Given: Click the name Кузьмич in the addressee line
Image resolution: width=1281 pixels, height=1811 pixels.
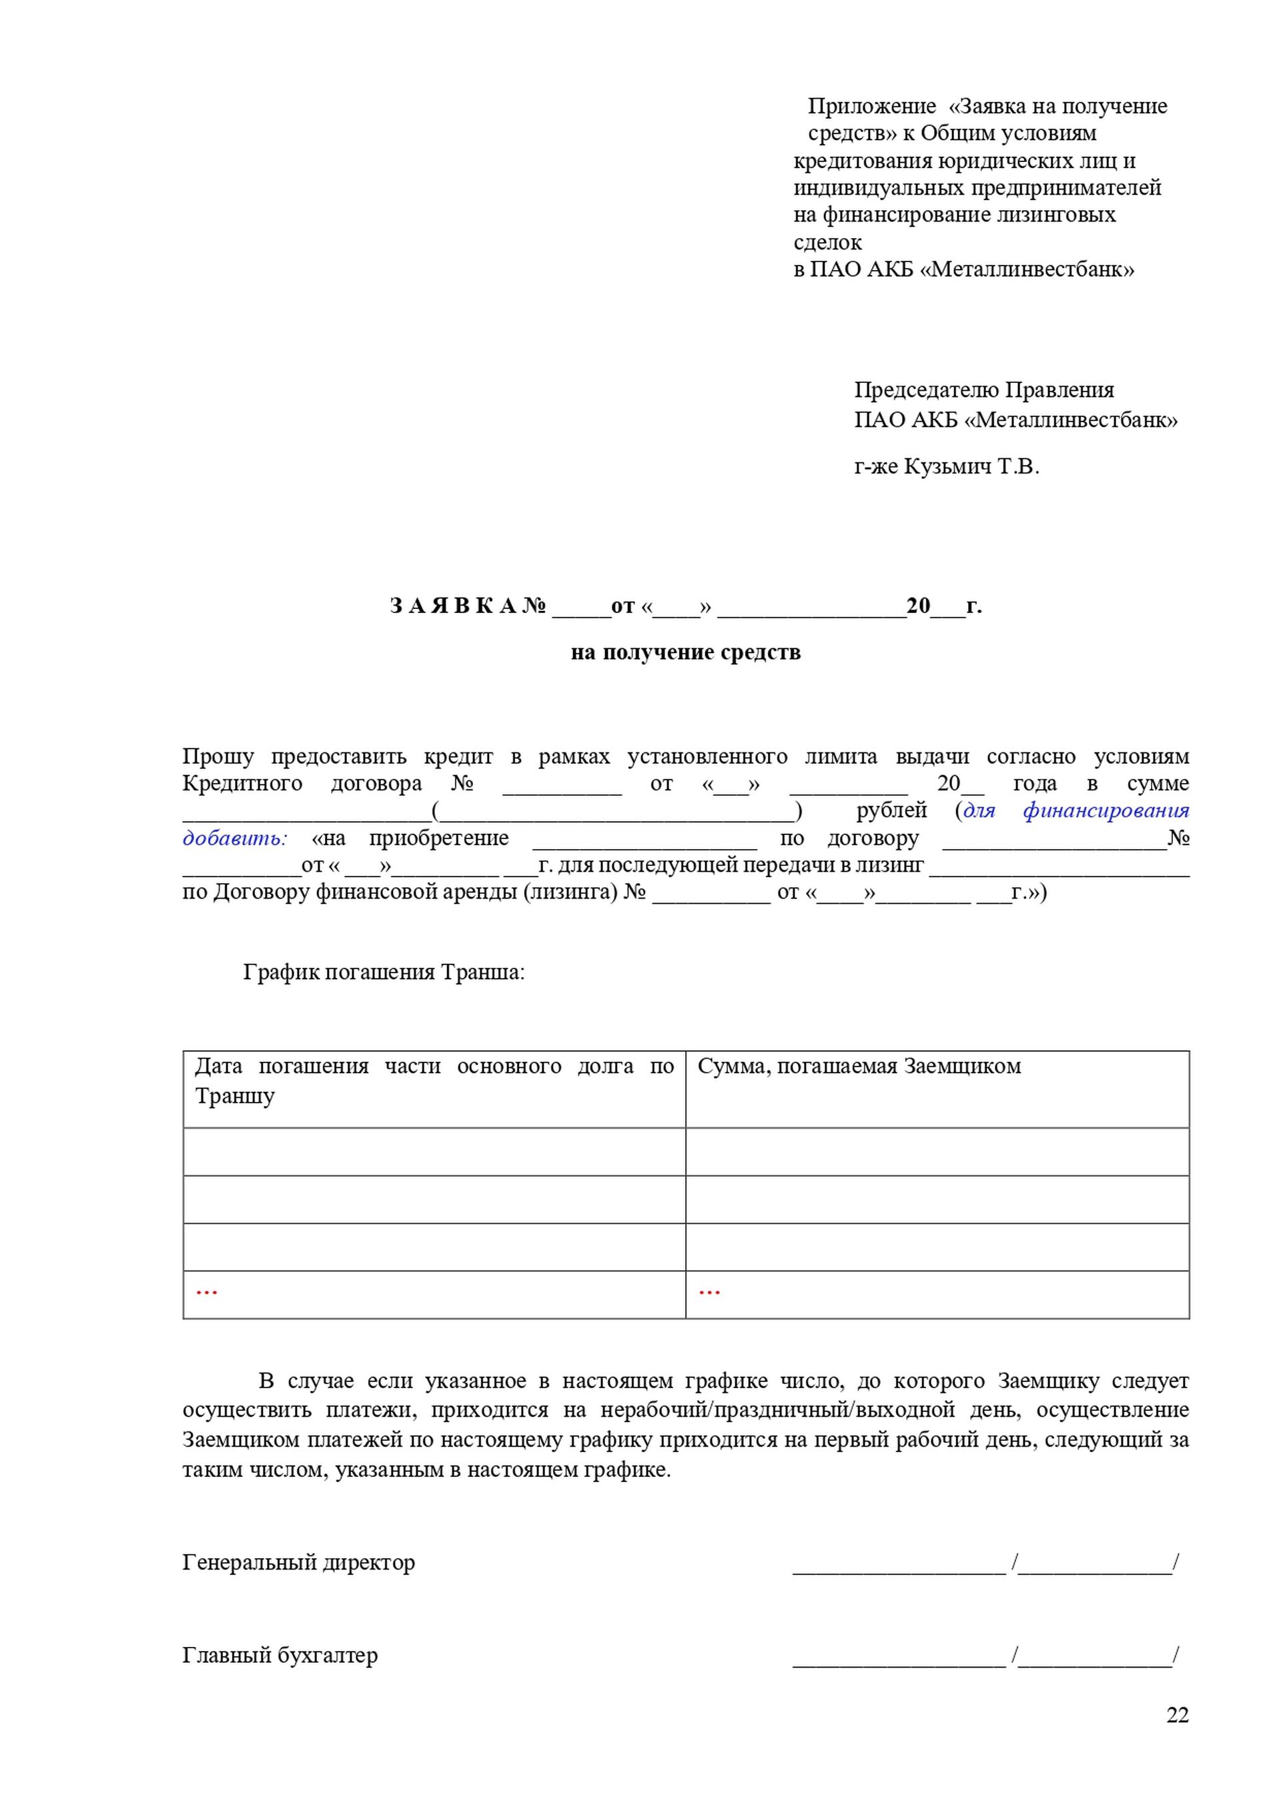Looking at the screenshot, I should (947, 467).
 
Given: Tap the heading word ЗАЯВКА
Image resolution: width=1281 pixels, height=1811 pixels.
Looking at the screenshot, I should (453, 606).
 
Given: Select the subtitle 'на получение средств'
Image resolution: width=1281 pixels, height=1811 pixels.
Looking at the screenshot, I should (685, 652).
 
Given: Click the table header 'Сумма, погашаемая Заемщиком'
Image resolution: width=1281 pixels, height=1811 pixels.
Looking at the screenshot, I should (859, 1067).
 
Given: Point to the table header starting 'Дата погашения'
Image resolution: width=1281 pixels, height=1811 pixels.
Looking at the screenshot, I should (434, 1080).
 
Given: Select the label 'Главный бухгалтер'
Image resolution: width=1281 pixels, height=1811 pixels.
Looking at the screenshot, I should (280, 1655).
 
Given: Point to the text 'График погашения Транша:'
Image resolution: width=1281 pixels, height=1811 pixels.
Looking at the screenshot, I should (384, 972).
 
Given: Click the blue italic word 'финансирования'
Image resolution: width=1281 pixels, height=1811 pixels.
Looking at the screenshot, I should (1106, 810).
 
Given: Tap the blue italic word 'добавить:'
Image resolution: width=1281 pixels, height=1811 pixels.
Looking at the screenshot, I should (235, 838).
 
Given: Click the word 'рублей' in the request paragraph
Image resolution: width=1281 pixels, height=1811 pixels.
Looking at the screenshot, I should (891, 810).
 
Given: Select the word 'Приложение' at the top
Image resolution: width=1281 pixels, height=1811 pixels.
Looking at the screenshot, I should (871, 107).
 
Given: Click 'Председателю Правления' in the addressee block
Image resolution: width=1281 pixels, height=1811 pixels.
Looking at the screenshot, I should (983, 390).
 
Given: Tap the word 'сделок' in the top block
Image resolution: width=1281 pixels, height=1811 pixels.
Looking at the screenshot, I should (827, 242).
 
